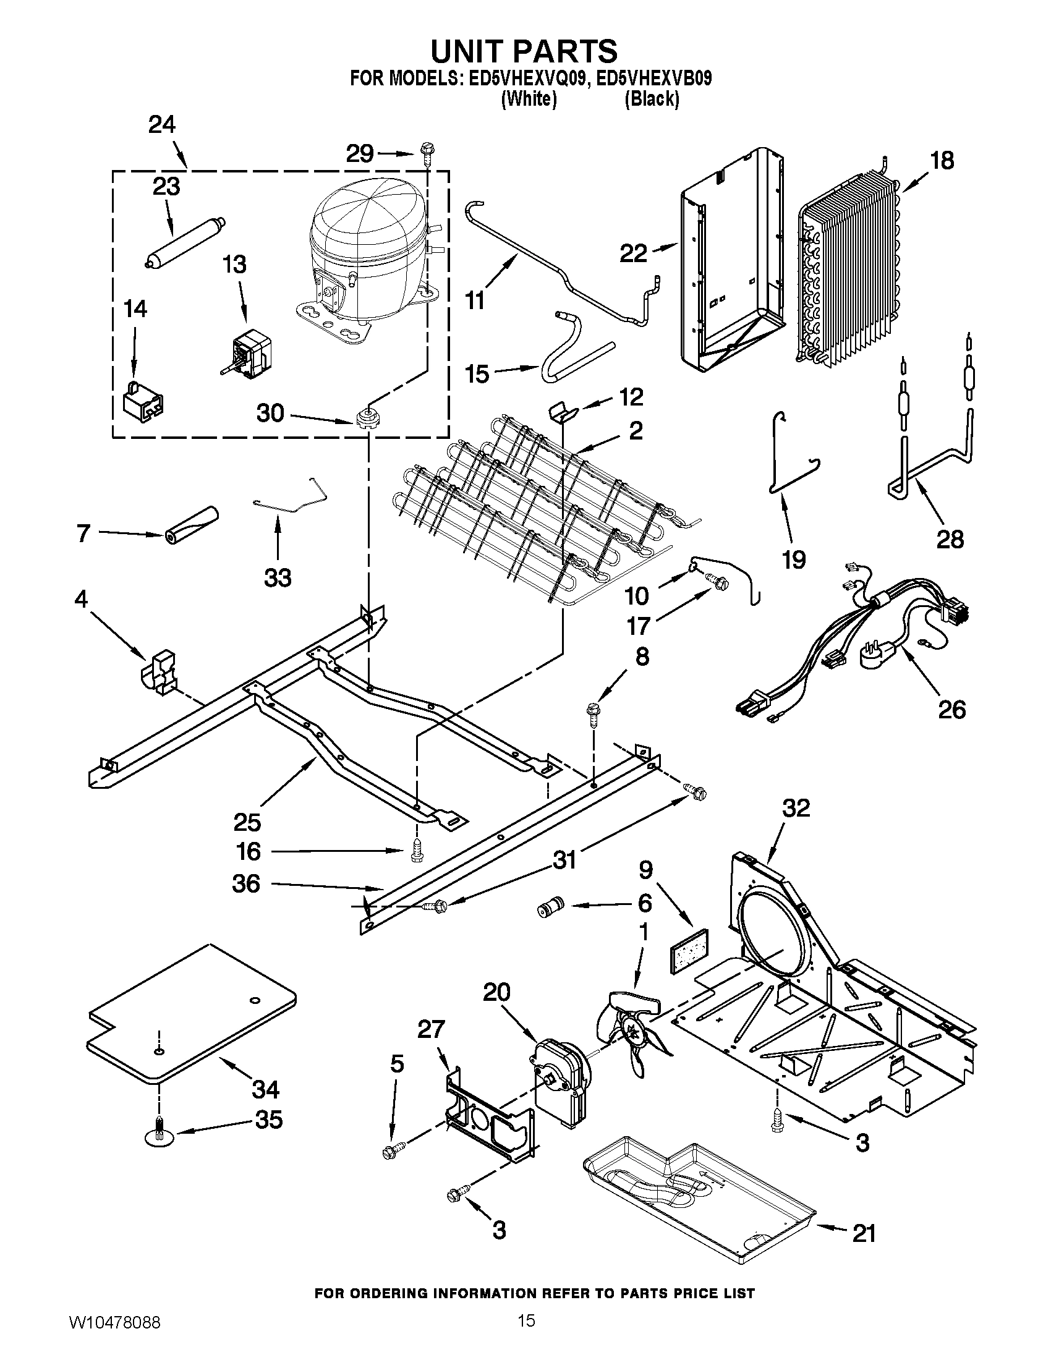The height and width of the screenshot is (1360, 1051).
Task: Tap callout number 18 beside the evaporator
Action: point(942,161)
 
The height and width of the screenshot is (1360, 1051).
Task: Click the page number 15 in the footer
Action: point(526,1333)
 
